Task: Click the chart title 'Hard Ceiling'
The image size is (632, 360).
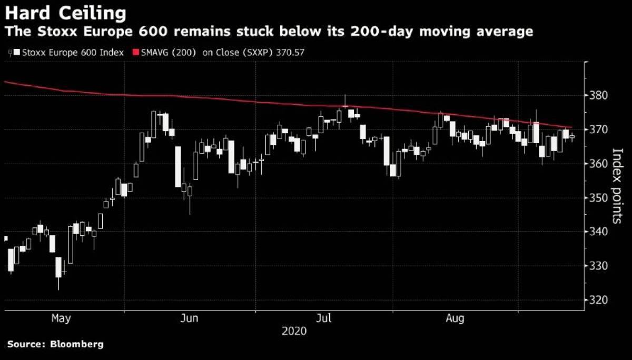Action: coord(65,13)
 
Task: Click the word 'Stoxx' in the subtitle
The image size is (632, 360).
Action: coord(57,31)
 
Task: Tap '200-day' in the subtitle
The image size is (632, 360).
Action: coord(381,31)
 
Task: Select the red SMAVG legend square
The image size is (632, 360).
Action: coord(136,53)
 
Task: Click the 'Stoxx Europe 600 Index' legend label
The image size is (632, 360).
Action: coord(73,53)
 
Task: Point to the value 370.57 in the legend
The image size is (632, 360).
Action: coord(290,53)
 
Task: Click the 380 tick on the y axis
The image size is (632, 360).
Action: coord(598,95)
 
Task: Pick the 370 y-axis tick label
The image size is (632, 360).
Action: coord(598,129)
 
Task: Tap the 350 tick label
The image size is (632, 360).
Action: coord(598,198)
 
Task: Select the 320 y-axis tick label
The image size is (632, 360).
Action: coord(598,300)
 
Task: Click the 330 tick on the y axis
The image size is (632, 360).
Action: coord(598,266)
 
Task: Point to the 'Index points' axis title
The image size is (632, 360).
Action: coord(617,186)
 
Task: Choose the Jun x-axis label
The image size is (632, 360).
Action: coord(189,318)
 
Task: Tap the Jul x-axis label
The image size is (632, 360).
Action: coord(323,318)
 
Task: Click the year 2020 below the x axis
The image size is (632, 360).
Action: coord(294,331)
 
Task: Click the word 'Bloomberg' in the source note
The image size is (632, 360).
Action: coord(77,345)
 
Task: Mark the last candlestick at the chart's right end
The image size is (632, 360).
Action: coord(572,137)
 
